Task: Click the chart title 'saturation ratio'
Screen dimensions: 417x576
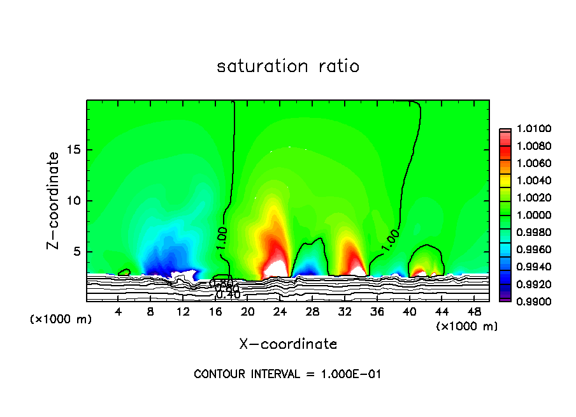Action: (x=288, y=66)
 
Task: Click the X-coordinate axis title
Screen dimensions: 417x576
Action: (x=288, y=344)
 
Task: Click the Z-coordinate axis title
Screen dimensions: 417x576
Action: (x=55, y=200)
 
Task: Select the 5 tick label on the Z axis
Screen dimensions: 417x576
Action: (x=76, y=251)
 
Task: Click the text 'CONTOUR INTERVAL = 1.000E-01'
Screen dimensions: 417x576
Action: (x=287, y=374)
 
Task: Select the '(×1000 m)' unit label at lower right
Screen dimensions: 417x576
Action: (x=467, y=326)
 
